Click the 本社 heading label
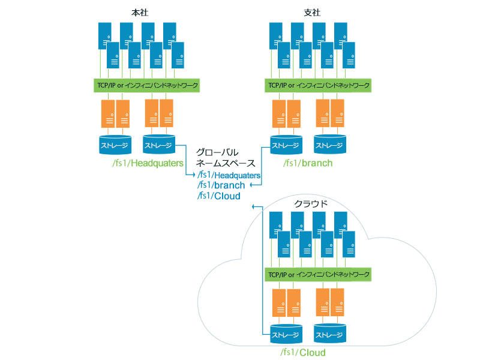point(139,12)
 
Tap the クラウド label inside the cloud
point(310,203)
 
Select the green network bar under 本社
point(147,85)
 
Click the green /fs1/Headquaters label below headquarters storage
point(147,163)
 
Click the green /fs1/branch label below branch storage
point(308,163)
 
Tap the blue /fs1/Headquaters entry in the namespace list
point(229,175)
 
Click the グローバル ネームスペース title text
point(226,157)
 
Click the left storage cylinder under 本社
point(115,144)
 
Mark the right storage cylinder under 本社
point(159,144)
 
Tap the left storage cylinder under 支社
point(286,145)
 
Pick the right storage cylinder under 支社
point(330,145)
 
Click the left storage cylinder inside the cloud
point(286,334)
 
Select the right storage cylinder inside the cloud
point(330,334)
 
